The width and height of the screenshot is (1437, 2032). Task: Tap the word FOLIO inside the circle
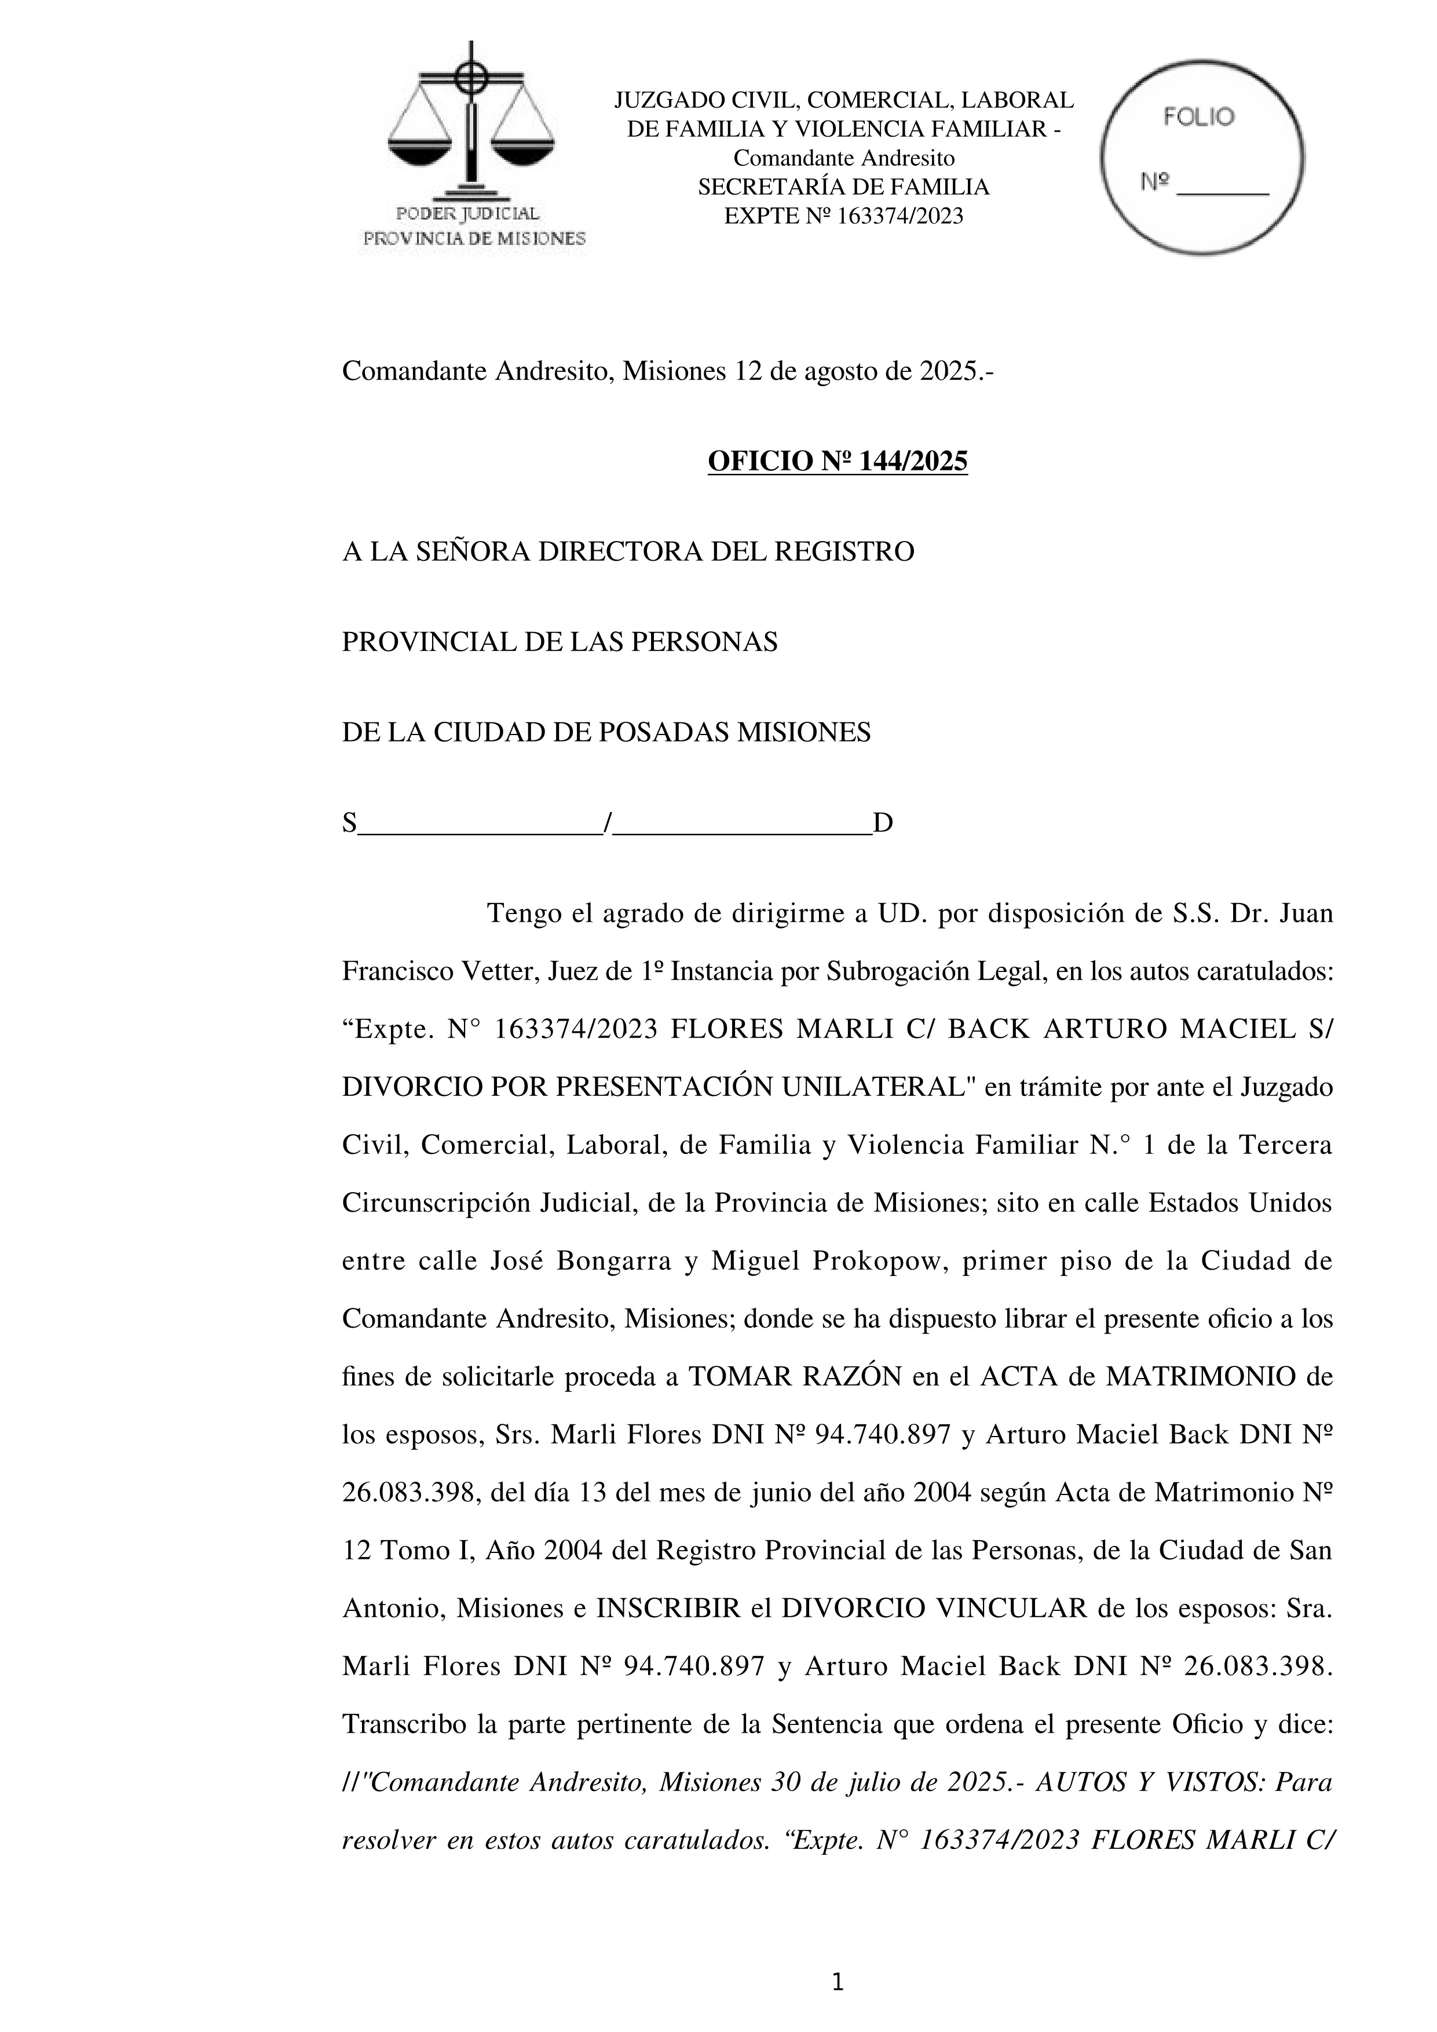point(1198,118)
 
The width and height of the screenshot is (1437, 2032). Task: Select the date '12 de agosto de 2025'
point(855,372)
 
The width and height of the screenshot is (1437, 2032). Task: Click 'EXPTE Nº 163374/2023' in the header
point(843,216)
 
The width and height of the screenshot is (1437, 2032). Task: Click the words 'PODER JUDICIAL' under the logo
point(467,213)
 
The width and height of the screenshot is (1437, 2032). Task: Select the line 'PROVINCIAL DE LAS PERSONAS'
point(560,642)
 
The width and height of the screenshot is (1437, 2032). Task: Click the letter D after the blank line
point(883,824)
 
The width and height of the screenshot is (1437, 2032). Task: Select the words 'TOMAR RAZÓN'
point(795,1377)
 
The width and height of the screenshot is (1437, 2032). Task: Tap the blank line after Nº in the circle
point(1226,188)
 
